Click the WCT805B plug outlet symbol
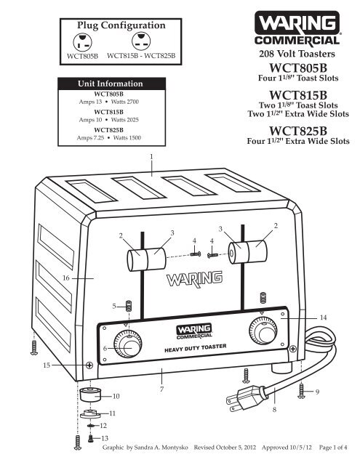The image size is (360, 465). [x=82, y=42]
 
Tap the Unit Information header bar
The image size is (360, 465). [x=111, y=84]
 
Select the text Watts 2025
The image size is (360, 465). [x=124, y=120]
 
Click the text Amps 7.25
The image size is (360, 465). [x=90, y=137]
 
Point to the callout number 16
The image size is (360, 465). [x=66, y=278]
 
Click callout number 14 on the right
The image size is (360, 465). [x=323, y=318]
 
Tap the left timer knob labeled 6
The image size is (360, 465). [x=128, y=344]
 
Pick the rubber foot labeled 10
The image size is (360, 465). [x=90, y=394]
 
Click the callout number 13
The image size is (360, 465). [x=105, y=438]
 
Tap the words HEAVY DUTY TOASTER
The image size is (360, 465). [x=196, y=348]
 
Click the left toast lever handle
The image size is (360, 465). [x=146, y=259]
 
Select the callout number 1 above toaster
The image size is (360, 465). [x=151, y=156]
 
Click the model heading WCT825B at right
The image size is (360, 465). [x=298, y=131]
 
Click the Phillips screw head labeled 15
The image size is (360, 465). [x=89, y=365]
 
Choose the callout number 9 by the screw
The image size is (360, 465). [x=317, y=392]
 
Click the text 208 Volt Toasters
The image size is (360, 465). [x=297, y=54]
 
